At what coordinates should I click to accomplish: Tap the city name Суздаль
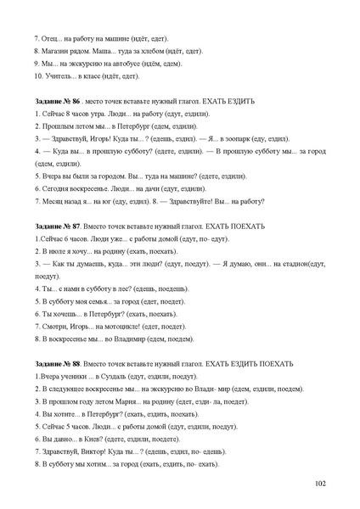point(118,375)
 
